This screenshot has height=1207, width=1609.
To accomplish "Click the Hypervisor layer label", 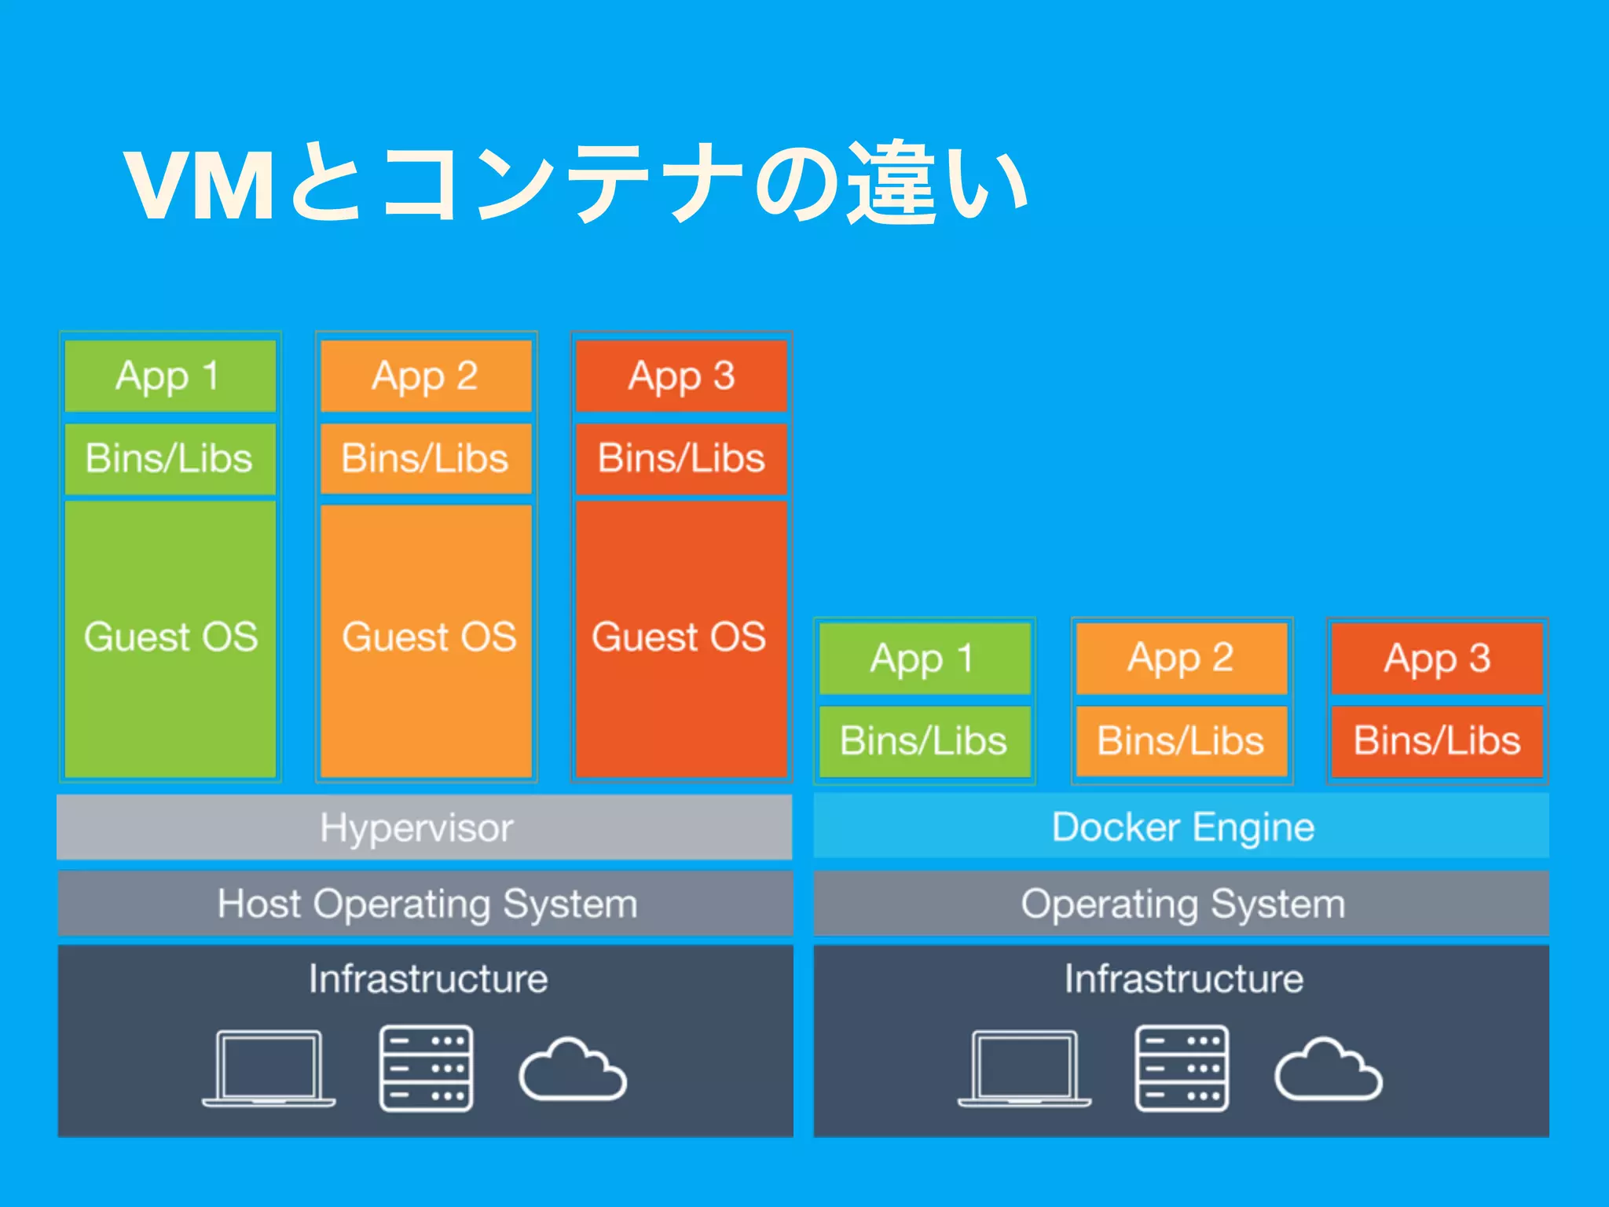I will tap(417, 827).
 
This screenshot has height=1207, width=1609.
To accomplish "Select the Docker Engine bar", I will tap(1182, 827).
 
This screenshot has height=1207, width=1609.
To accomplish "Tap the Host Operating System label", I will tap(427, 904).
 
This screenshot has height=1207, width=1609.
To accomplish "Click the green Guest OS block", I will tap(170, 637).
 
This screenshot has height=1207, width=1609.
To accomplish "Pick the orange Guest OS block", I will tap(427, 637).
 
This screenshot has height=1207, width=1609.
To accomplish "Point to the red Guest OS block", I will tap(680, 637).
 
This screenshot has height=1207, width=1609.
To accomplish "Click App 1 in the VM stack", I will tap(170, 376).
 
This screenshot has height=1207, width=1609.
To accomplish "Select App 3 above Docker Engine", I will tap(1437, 659).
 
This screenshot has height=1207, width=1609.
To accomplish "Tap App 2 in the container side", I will tap(1181, 659).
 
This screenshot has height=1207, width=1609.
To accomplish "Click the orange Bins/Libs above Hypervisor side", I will tap(426, 458).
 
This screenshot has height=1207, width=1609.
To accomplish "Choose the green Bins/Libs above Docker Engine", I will tap(924, 741).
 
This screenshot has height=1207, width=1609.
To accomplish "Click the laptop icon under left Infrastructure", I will tap(269, 1068).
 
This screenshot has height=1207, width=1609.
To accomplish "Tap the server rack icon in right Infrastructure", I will tap(1182, 1068).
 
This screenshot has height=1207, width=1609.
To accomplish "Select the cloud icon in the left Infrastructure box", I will tap(573, 1070).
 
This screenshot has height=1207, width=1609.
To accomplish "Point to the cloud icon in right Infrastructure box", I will tap(1328, 1070).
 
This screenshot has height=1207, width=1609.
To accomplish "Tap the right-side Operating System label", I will tap(1182, 904).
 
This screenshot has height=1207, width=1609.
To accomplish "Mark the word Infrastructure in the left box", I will tap(428, 979).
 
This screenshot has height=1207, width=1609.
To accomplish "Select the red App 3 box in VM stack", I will tap(681, 376).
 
